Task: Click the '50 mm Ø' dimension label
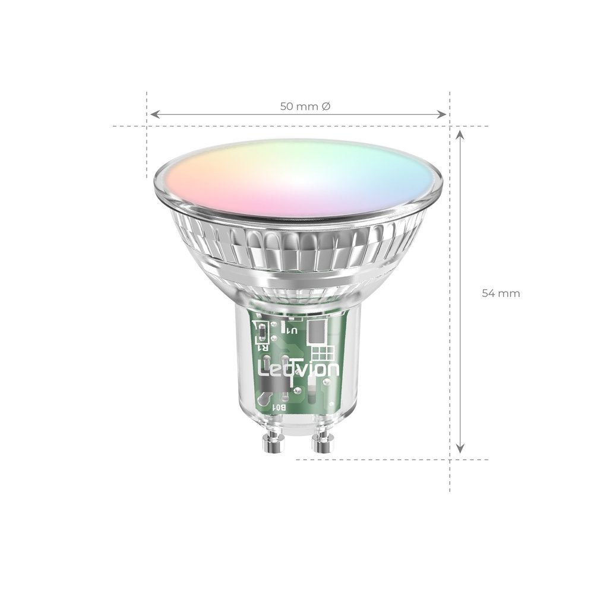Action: [x=305, y=106]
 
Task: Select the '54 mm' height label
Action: [x=500, y=293]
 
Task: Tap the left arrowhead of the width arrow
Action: [x=153, y=113]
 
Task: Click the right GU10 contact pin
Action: [x=323, y=443]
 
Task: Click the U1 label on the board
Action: [x=292, y=331]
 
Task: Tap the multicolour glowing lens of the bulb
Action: [x=299, y=178]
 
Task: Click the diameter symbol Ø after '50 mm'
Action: [x=326, y=106]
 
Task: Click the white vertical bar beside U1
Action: [x=283, y=327]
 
